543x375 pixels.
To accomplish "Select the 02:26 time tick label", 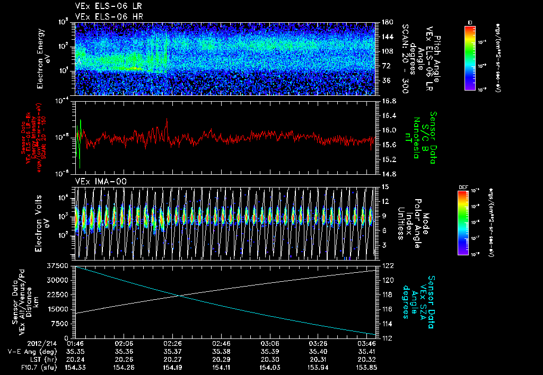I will click(x=172, y=343).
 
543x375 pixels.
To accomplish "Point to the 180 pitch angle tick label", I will click(x=385, y=22).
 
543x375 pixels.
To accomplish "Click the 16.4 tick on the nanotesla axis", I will click(x=389, y=115).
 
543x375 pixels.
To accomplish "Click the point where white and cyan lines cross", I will click(x=180, y=296).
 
